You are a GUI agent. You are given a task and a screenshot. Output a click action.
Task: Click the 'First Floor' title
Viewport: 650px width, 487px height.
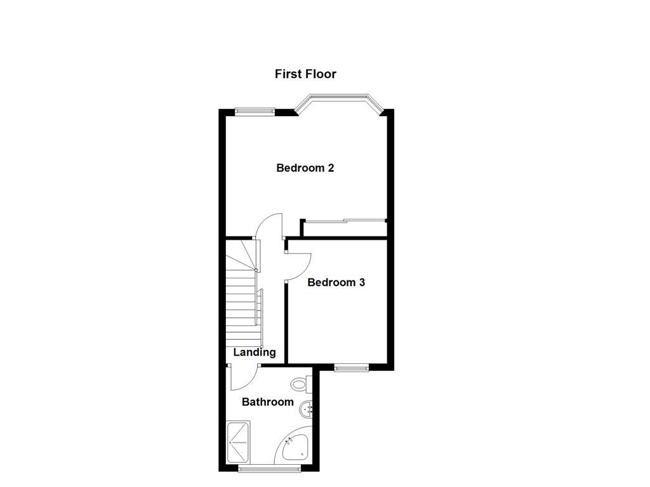click(x=305, y=74)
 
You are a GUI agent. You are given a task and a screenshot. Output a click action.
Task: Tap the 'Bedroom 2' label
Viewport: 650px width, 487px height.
click(x=305, y=168)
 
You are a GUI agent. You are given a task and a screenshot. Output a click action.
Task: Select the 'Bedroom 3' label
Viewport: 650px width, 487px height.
click(x=336, y=282)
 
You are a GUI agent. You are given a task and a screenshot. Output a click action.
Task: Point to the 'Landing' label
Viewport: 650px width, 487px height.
click(x=255, y=353)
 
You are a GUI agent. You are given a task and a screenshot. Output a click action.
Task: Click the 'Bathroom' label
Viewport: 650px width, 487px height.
click(x=268, y=401)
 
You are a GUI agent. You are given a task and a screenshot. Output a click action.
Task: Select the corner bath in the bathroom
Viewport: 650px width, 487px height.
click(x=294, y=448)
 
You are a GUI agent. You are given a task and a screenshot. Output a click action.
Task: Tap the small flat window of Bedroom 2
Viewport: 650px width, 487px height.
click(x=255, y=112)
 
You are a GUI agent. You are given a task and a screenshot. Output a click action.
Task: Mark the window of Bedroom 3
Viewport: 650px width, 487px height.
click(x=351, y=367)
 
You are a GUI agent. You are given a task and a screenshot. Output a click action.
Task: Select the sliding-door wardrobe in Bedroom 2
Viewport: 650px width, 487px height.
click(x=344, y=221)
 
